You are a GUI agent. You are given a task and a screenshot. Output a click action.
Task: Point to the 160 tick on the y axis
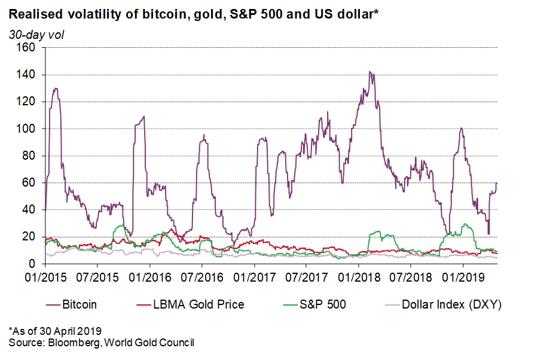[x=27, y=48]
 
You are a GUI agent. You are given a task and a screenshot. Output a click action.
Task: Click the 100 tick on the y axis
[x=27, y=129]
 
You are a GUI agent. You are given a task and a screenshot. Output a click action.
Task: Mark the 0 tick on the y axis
[x=33, y=264]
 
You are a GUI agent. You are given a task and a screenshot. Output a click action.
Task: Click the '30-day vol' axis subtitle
[x=36, y=34]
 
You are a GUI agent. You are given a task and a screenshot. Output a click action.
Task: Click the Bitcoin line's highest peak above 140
[x=371, y=72]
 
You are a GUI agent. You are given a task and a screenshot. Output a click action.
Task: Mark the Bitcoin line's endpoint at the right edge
[x=497, y=183]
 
